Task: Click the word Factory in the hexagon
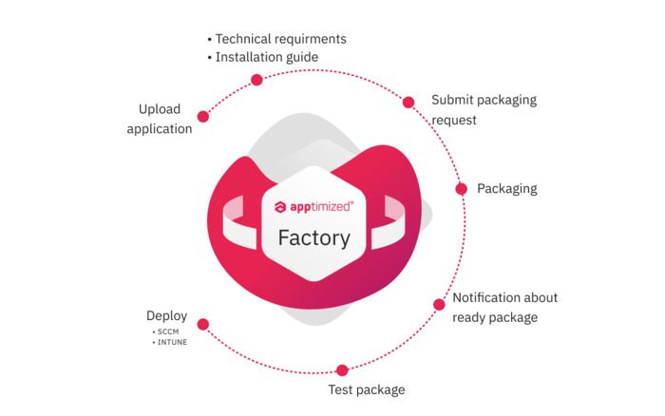(313, 237)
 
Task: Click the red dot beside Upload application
(203, 117)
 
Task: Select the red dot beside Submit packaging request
(408, 103)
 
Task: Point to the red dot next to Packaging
(462, 189)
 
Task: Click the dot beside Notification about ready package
(439, 305)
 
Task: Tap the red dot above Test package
(342, 370)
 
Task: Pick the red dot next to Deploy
(202, 324)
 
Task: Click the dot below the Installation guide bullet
(256, 80)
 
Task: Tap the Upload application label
(160, 119)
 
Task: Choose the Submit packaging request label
(484, 109)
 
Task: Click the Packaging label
(506, 189)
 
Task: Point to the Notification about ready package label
(504, 307)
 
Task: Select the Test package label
(367, 390)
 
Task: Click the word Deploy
(166, 316)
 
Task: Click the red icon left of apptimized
(280, 206)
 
